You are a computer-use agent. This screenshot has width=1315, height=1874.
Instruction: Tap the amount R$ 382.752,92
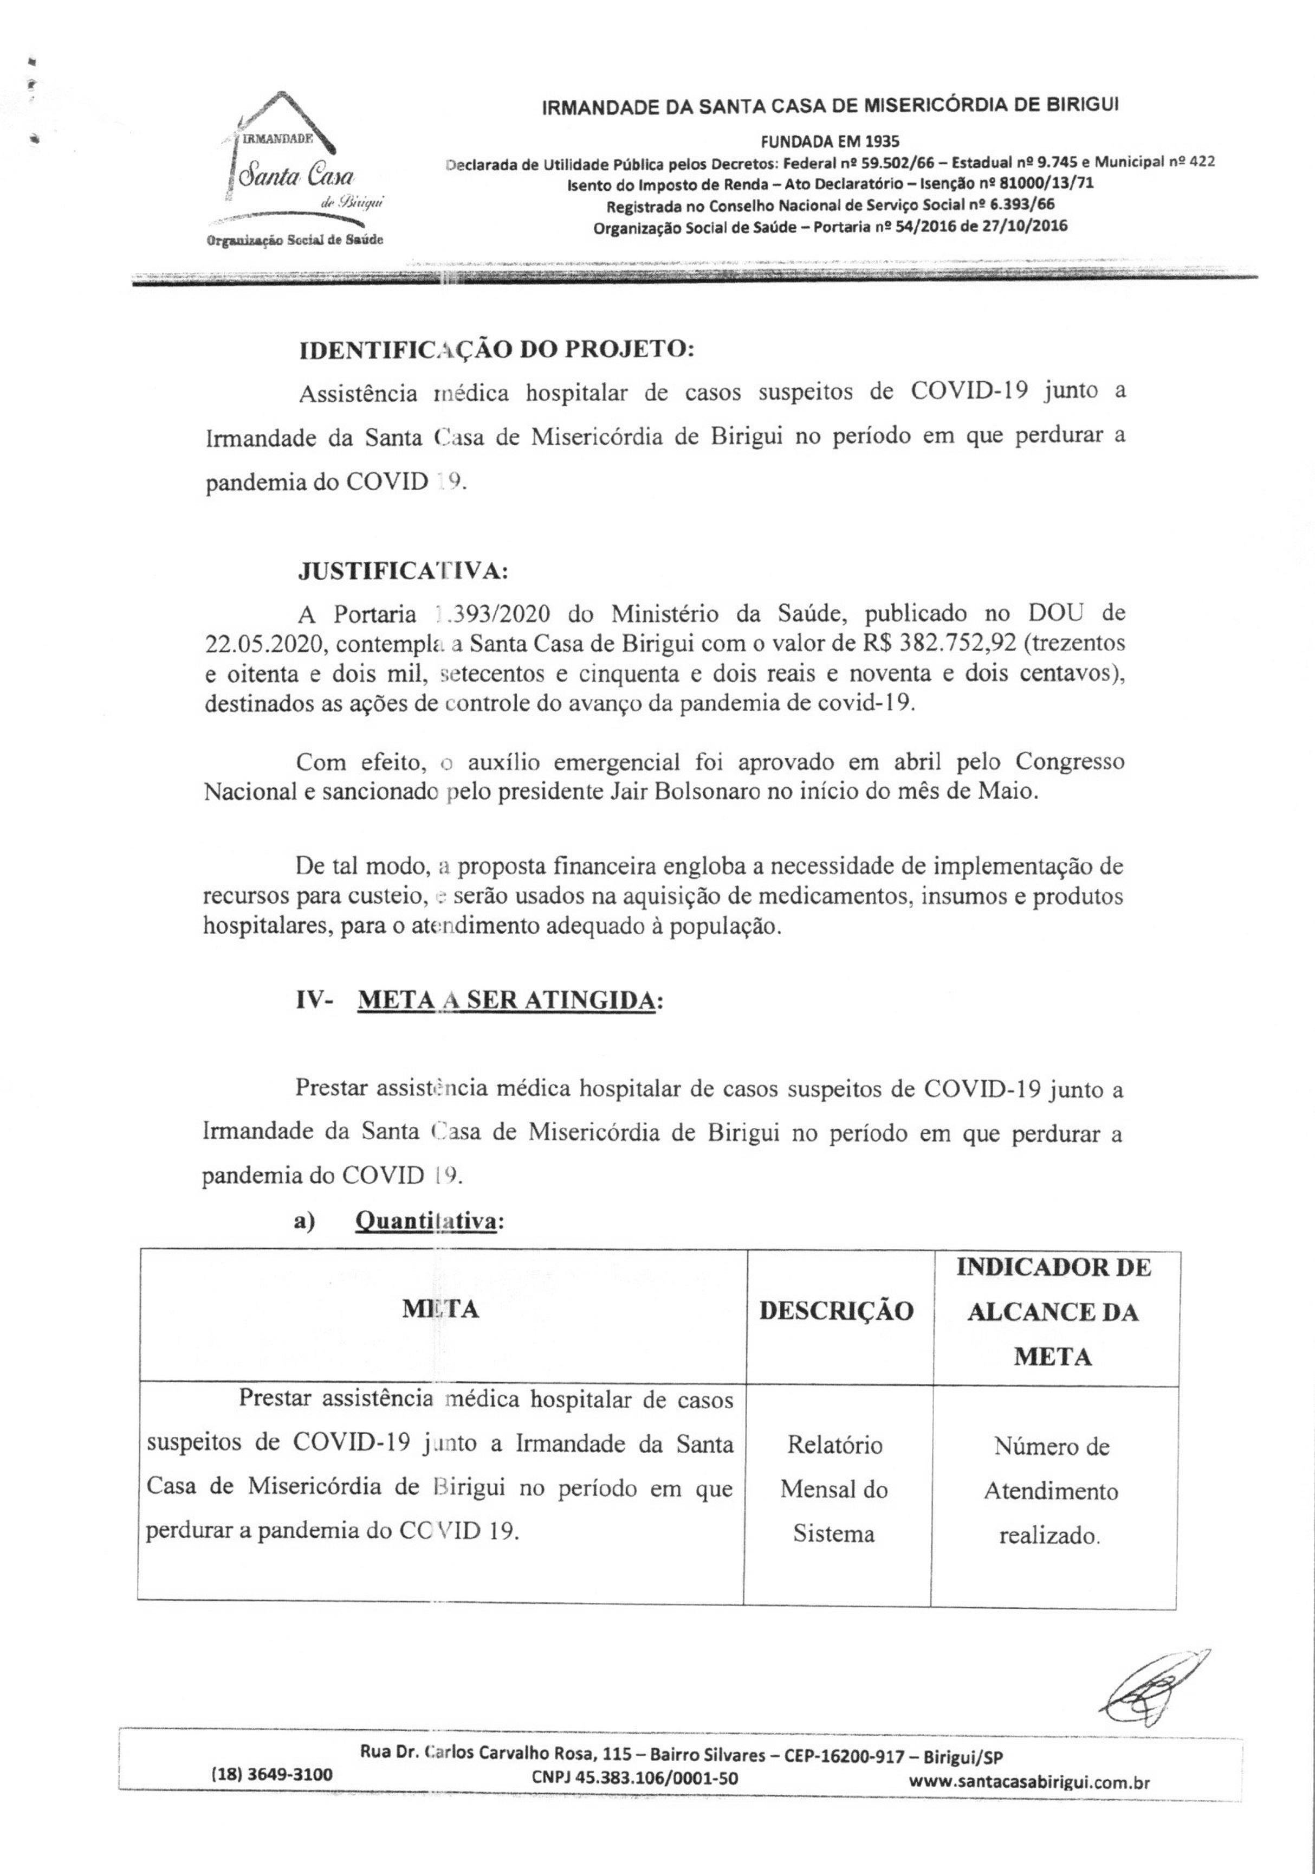(x=946, y=643)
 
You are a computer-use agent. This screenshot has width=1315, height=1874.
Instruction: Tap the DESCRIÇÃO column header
(x=836, y=1310)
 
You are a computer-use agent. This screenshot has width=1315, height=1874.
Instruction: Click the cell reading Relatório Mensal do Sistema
(x=834, y=1489)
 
